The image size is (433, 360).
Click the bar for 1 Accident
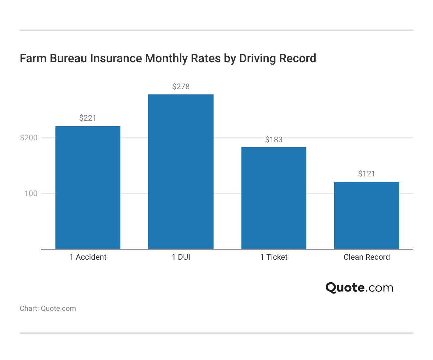(88, 188)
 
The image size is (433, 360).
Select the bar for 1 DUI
(181, 171)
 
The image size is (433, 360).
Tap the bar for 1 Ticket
(274, 198)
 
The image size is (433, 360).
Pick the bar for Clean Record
(366, 215)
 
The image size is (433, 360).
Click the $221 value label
(88, 118)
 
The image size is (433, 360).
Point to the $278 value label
(181, 87)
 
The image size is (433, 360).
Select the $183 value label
(274, 140)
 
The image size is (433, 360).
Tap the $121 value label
(366, 174)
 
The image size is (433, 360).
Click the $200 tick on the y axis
(29, 138)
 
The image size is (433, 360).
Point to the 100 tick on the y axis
(31, 193)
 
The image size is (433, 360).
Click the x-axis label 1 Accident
(88, 257)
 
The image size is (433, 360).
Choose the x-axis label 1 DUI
(181, 257)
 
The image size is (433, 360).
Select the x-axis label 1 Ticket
(274, 257)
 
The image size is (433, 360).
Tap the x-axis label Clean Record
(366, 257)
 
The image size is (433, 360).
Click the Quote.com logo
(359, 288)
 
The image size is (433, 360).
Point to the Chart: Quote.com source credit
(48, 309)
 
